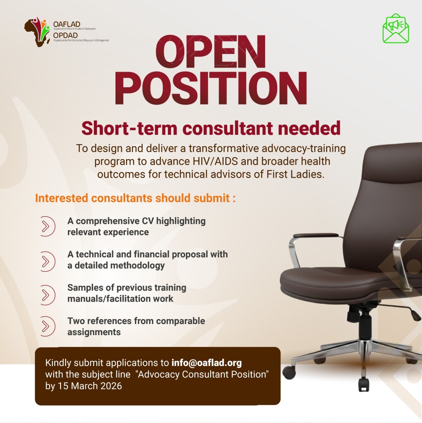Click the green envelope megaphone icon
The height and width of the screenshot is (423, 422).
coord(396,28)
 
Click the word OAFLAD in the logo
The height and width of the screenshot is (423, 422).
coord(67,24)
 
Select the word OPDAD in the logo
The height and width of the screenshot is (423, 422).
coord(65,35)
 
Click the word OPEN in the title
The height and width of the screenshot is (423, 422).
coord(211,52)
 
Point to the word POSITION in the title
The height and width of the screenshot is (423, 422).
coord(211,88)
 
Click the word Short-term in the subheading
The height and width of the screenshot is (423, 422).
coord(129,128)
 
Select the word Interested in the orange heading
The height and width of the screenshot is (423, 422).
coord(61,198)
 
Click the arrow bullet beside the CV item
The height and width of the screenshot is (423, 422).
coord(48,226)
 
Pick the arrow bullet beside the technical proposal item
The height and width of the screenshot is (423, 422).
coord(48,261)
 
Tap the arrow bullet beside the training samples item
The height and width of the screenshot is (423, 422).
coord(48,295)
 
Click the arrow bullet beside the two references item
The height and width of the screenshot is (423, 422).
coord(48,326)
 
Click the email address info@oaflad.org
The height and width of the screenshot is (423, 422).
coord(207,363)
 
